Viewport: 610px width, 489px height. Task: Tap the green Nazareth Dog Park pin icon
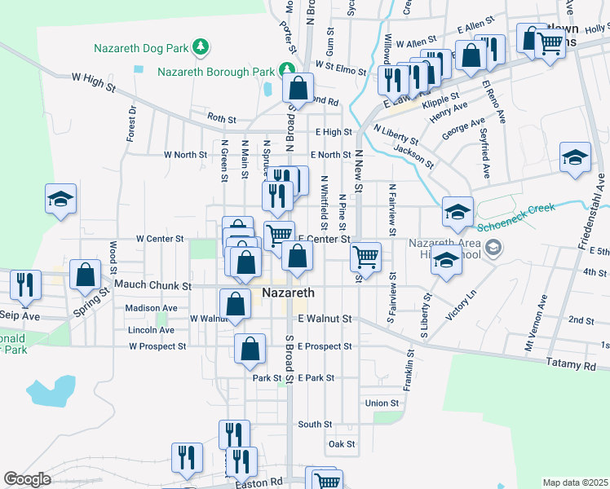pyautogui.click(x=200, y=47)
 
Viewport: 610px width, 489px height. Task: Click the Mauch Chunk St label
pyautogui.click(x=152, y=286)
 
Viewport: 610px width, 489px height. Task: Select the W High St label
pyautogui.click(x=90, y=77)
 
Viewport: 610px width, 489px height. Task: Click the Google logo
pyautogui.click(x=27, y=479)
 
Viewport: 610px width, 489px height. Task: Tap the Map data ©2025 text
pyautogui.click(x=574, y=482)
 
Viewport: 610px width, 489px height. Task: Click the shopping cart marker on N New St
pyautogui.click(x=366, y=257)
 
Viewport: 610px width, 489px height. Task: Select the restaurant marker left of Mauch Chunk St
pyautogui.click(x=25, y=284)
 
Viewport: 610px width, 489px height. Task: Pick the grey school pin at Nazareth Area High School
pyautogui.click(x=493, y=247)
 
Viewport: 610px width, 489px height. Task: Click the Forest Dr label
pyautogui.click(x=131, y=123)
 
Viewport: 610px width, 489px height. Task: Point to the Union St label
pyautogui.click(x=382, y=403)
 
